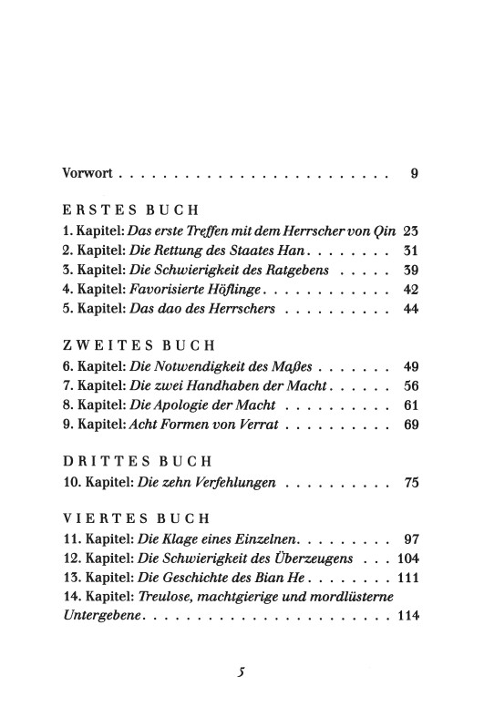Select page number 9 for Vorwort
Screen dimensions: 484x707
click(414, 172)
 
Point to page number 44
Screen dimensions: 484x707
click(409, 313)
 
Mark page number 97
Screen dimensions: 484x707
click(409, 540)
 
